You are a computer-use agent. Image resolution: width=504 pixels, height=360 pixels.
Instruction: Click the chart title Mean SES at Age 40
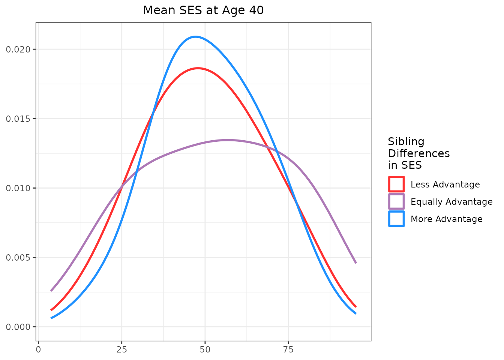point(203,10)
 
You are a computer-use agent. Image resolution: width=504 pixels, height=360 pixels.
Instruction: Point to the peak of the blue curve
point(195,37)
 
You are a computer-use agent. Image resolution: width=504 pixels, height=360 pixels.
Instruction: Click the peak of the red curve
point(198,68)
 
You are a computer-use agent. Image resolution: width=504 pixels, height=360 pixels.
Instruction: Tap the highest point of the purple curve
point(227,140)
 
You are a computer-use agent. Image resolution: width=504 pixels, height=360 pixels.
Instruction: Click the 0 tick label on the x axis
point(38,349)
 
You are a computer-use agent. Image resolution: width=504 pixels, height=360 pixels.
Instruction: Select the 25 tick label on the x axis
point(121,349)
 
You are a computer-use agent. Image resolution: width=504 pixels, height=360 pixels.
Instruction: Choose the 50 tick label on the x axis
point(205,349)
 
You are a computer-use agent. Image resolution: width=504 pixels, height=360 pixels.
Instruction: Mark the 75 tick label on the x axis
point(288,349)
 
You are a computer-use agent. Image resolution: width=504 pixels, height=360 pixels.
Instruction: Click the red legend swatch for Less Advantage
point(396,184)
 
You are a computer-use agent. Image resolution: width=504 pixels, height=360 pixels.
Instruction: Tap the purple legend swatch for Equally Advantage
point(396,201)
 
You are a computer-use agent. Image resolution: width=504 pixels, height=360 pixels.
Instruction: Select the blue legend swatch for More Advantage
point(396,219)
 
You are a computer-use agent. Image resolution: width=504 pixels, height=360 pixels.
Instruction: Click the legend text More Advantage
point(446,219)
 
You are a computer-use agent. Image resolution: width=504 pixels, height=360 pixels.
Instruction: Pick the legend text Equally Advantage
point(451,202)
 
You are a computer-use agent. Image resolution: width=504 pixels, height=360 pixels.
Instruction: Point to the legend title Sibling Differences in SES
point(418,153)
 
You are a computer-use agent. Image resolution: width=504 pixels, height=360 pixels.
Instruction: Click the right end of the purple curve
point(355,262)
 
